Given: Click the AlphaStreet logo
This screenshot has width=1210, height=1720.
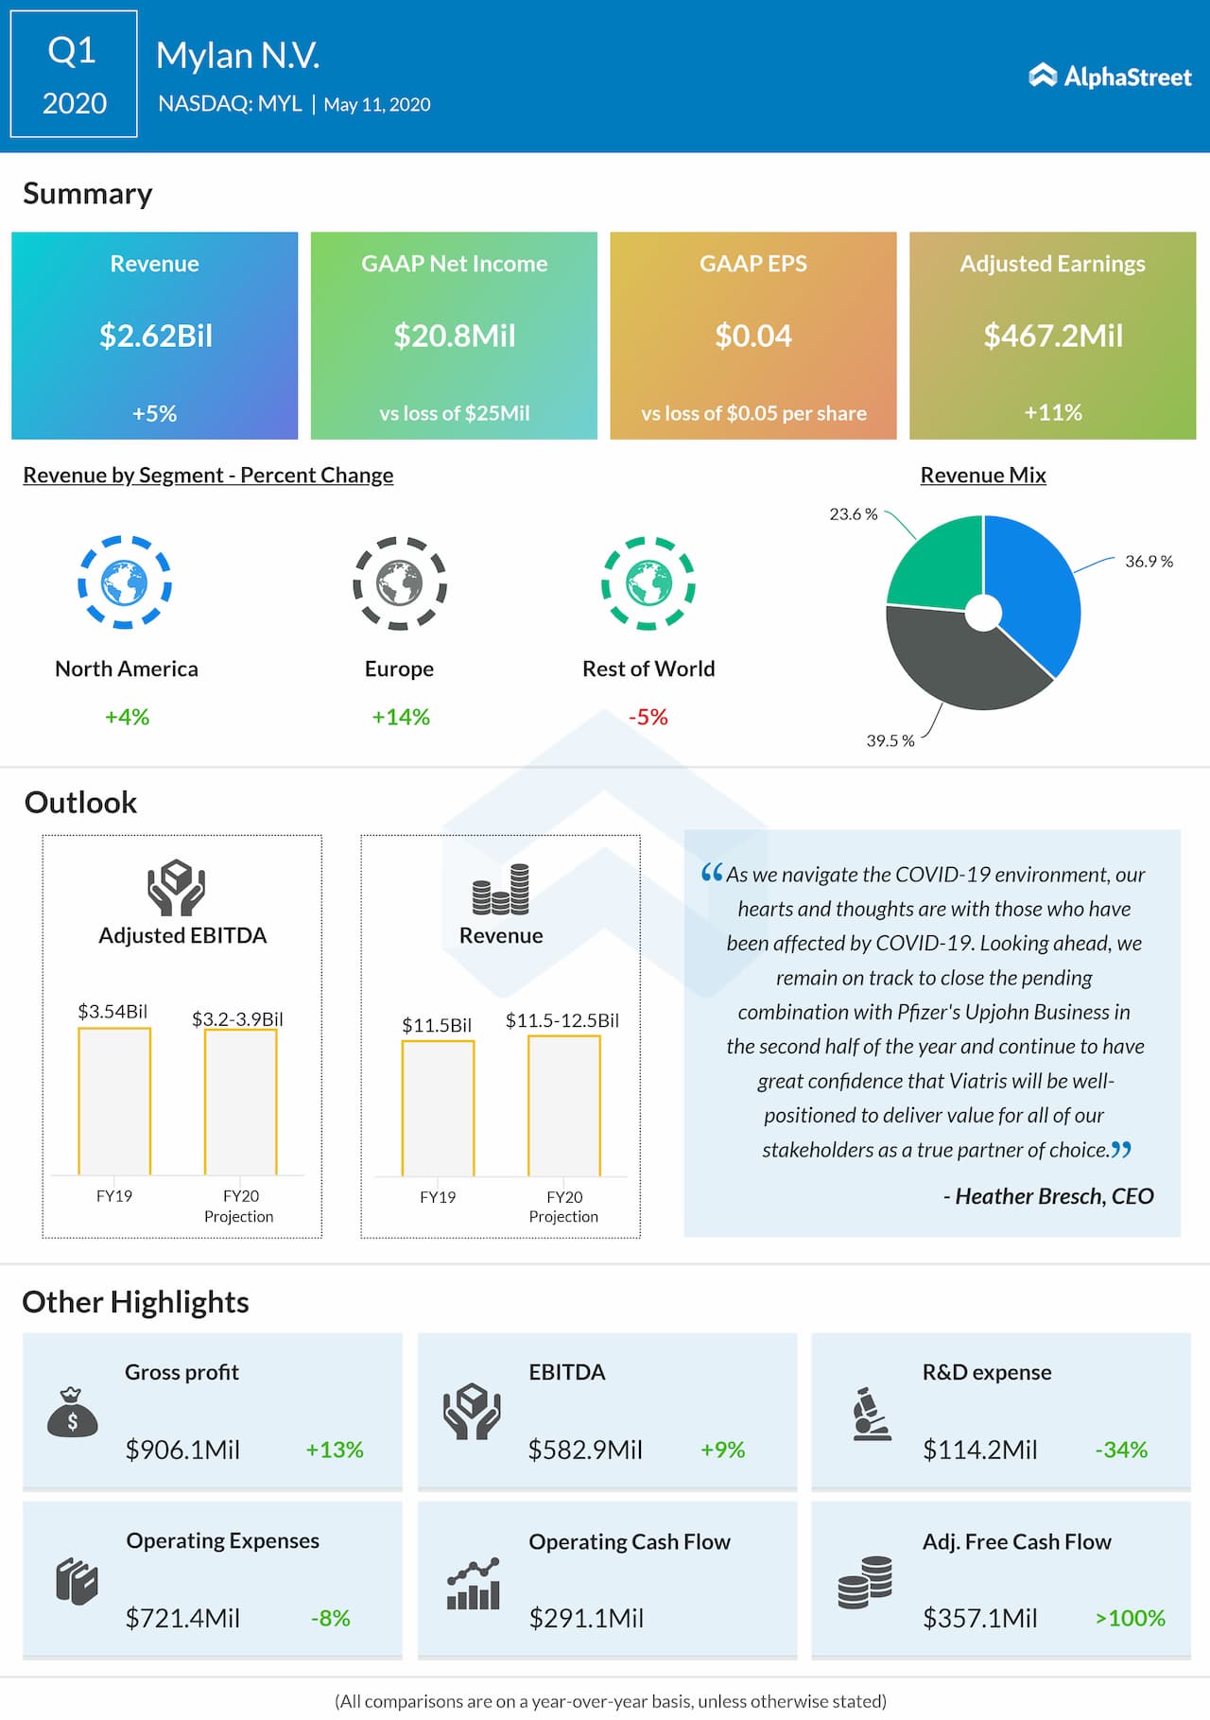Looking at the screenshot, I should pyautogui.click(x=1110, y=77).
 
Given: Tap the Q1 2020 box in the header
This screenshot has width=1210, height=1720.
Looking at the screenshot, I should pyautogui.click(x=74, y=75).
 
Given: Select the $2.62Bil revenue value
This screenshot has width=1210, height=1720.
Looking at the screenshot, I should pyautogui.click(x=156, y=336).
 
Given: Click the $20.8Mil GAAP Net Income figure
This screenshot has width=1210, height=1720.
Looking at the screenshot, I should pyautogui.click(x=455, y=336).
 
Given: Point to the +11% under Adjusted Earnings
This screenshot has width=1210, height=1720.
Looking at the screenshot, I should pyautogui.click(x=1053, y=412).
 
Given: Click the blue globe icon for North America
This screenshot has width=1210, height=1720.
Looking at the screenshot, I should pyautogui.click(x=125, y=582).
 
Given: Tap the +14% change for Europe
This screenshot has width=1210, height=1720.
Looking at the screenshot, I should pyautogui.click(x=401, y=717).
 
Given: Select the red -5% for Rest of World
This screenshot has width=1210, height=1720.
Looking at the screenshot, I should pyautogui.click(x=648, y=717).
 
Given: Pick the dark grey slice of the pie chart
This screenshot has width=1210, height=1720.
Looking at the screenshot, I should pyautogui.click(x=955, y=662).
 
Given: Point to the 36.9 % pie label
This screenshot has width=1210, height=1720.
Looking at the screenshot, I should pyautogui.click(x=1149, y=562).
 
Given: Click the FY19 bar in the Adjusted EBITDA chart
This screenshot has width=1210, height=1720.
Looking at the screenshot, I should pyautogui.click(x=114, y=1102).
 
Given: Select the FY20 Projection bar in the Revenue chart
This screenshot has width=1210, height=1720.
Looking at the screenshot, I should pyautogui.click(x=564, y=1106).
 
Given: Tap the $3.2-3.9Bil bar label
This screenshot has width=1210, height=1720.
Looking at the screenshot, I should pyautogui.click(x=237, y=1019).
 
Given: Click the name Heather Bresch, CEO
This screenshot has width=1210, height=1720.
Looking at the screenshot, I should pyautogui.click(x=1054, y=1196).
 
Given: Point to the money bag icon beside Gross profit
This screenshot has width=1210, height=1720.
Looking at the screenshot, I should pyautogui.click(x=73, y=1413).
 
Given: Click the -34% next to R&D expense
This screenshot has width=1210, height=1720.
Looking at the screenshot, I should pyautogui.click(x=1121, y=1450).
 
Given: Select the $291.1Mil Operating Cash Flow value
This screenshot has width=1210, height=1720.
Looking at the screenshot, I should pyautogui.click(x=586, y=1618).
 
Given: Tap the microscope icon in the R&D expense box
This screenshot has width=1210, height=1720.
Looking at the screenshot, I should pyautogui.click(x=871, y=1415).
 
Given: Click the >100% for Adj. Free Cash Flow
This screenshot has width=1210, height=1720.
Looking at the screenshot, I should pyautogui.click(x=1131, y=1618).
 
